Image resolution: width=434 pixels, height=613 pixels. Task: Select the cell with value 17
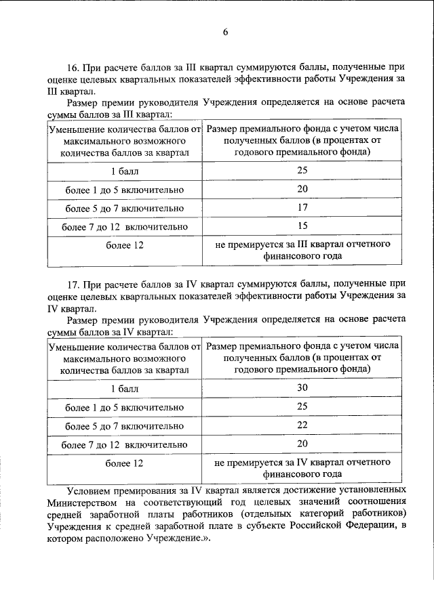[302, 207]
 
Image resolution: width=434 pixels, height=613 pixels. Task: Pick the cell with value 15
[302, 226]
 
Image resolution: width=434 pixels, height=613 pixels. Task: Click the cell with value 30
[302, 388]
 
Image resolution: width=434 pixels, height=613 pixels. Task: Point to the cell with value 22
[302, 425]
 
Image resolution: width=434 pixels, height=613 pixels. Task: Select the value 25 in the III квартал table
[302, 170]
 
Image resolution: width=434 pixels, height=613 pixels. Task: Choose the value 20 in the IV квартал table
[302, 444]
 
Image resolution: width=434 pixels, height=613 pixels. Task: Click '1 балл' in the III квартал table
[125, 170]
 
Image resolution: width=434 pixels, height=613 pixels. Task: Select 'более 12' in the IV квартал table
[125, 463]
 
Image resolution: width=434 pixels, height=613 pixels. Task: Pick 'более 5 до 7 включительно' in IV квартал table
[125, 426]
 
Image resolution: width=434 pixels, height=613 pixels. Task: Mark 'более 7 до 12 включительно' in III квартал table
[125, 226]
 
